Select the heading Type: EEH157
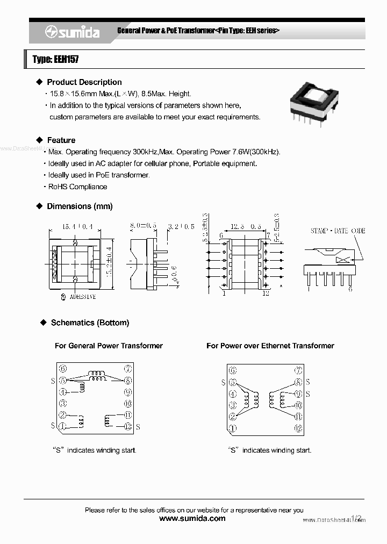[55, 60]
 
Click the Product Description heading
[84, 82]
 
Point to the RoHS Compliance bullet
[77, 187]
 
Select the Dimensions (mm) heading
[80, 206]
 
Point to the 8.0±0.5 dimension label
[143, 227]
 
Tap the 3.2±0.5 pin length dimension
[181, 227]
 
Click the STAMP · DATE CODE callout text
[338, 231]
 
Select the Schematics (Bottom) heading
[90, 323]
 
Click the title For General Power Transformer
[109, 346]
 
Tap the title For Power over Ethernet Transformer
[270, 346]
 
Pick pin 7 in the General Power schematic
[128, 369]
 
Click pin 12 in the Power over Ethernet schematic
[298, 428]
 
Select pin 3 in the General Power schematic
[63, 403]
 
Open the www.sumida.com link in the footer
[193, 519]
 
